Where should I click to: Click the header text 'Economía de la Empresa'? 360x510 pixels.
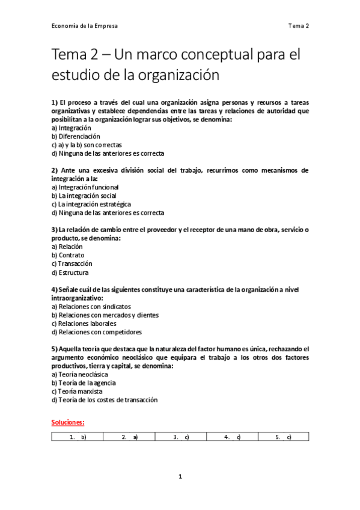[x=84, y=26]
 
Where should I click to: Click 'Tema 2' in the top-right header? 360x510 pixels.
[x=298, y=26]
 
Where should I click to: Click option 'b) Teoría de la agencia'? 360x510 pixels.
[x=84, y=382]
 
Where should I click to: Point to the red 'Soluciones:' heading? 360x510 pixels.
[x=68, y=422]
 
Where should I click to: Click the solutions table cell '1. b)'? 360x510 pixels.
[x=78, y=437]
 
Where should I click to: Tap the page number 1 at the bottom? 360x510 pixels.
[x=180, y=477]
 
